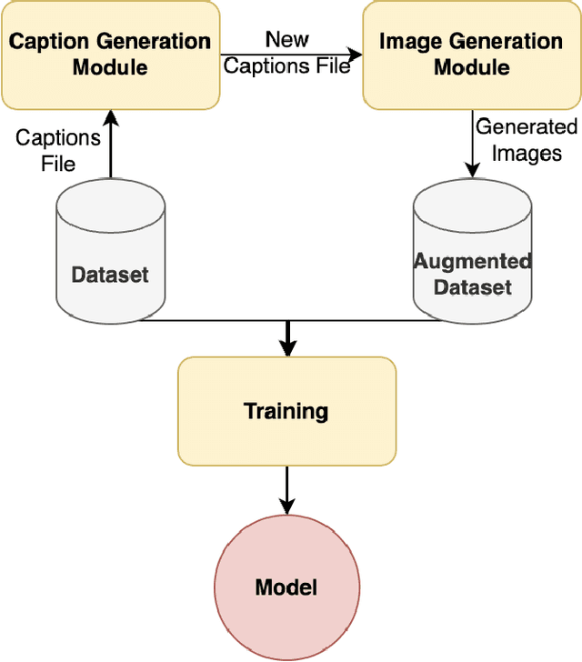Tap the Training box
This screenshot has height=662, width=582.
pyautogui.click(x=286, y=411)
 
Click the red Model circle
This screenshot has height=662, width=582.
pyautogui.click(x=286, y=587)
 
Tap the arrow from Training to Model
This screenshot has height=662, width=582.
pyautogui.click(x=286, y=491)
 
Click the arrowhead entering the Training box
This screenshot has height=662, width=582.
pyautogui.click(x=286, y=347)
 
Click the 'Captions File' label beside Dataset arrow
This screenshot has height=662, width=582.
pyautogui.click(x=58, y=151)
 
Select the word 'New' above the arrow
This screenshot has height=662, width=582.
pyautogui.click(x=286, y=39)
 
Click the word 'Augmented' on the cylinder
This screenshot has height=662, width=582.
pyautogui.click(x=473, y=262)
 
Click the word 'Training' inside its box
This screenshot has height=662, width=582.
pyautogui.click(x=286, y=411)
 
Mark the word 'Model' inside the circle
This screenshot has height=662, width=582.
pyautogui.click(x=286, y=587)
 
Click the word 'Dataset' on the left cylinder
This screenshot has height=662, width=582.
pyautogui.click(x=110, y=275)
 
